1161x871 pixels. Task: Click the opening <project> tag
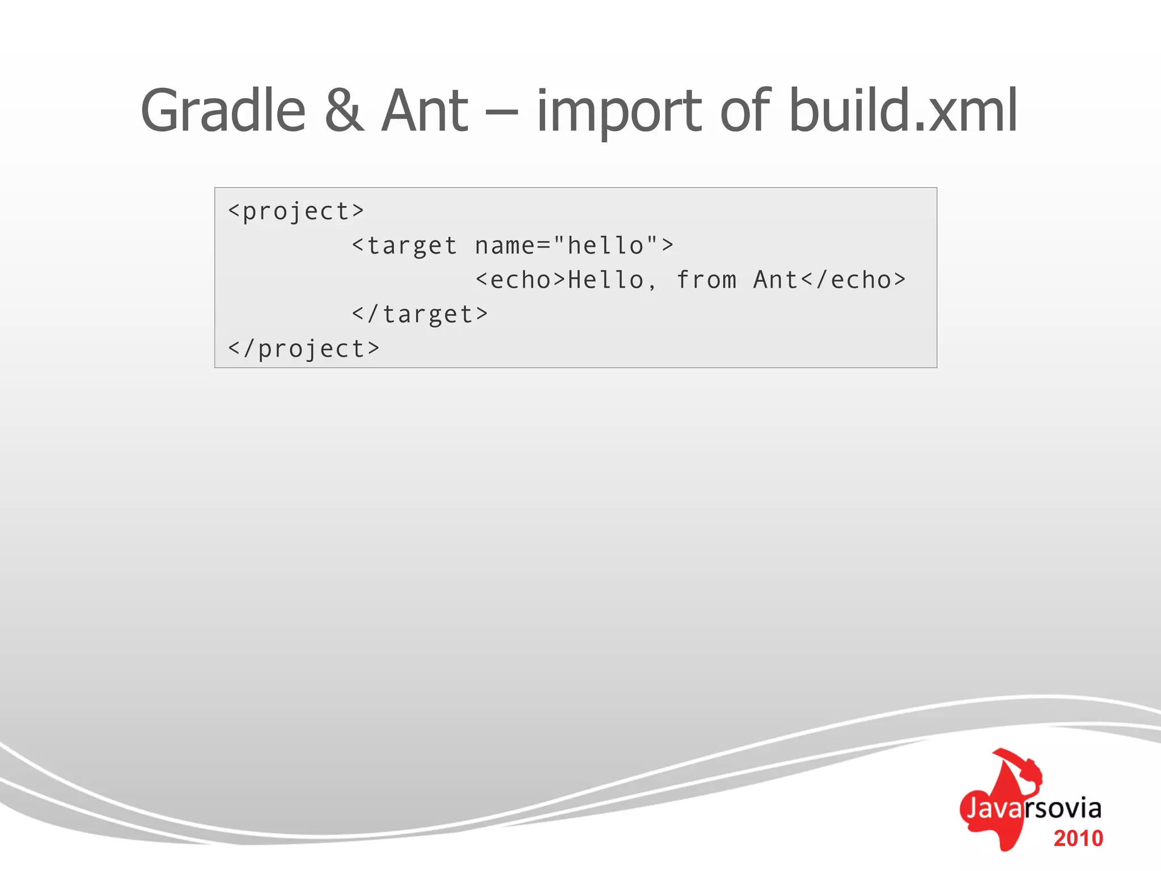(x=295, y=212)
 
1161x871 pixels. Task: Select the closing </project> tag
(x=303, y=349)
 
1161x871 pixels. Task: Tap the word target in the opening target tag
(x=412, y=246)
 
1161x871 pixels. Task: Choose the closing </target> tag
(x=420, y=314)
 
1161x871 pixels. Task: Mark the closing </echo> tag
(x=853, y=280)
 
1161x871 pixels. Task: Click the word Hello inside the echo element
(x=606, y=280)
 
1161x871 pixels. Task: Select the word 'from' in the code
(x=706, y=280)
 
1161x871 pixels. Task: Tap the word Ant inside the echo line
(x=776, y=280)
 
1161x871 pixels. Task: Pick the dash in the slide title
(x=502, y=112)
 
